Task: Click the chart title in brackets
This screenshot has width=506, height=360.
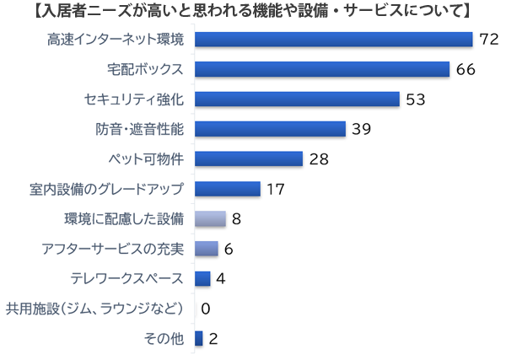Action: (x=253, y=12)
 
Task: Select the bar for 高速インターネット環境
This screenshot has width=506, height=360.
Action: (x=333, y=40)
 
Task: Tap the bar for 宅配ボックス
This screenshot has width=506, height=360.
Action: (x=321, y=69)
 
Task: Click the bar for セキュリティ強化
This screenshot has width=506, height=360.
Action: (x=297, y=99)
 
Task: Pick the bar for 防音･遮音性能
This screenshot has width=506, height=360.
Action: (x=270, y=129)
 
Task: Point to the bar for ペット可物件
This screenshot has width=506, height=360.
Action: (x=249, y=159)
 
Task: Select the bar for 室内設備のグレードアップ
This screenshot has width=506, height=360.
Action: (x=228, y=189)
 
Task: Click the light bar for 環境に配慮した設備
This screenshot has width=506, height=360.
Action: (x=210, y=219)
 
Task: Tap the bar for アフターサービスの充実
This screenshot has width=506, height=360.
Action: (x=207, y=249)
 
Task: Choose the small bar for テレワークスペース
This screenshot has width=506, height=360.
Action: (x=202, y=279)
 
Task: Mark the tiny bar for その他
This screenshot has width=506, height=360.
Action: (x=199, y=339)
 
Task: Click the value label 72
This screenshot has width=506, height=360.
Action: (x=490, y=40)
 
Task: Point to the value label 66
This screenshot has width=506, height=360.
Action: (x=466, y=69)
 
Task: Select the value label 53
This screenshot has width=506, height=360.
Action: (x=415, y=99)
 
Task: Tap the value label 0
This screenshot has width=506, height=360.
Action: (x=205, y=309)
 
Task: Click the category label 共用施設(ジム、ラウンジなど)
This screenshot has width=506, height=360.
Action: (x=94, y=309)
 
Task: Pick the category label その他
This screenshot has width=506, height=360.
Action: (x=164, y=339)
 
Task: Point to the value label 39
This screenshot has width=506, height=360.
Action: (x=362, y=129)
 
